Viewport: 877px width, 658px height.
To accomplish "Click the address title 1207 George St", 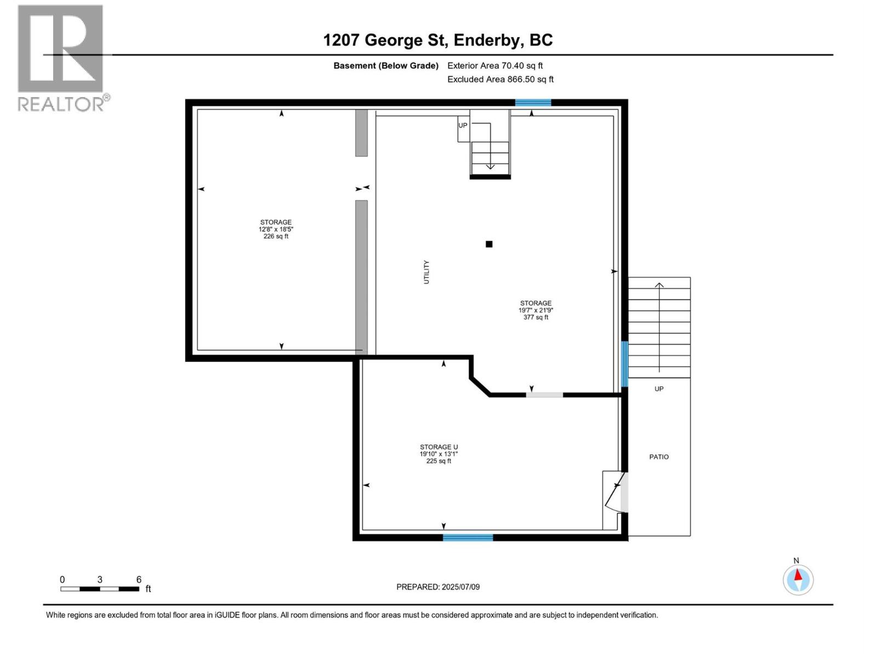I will pos(437,40).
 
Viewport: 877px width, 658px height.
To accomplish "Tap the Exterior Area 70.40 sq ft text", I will pos(495,66).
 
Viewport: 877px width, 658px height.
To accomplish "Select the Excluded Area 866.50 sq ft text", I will pos(500,80).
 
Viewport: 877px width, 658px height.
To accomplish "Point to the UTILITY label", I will pos(426,272).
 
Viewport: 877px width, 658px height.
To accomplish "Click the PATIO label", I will pos(659,457).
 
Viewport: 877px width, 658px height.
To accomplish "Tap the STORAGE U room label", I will pos(438,447).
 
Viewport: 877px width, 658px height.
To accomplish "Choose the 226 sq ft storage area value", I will pos(276,236).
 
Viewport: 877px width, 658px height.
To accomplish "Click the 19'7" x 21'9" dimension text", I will pos(536,310).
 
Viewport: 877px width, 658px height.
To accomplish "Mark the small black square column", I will pos(489,245).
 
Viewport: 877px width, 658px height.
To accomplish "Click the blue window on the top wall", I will pos(533,103).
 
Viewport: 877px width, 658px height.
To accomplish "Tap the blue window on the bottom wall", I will pos(468,537).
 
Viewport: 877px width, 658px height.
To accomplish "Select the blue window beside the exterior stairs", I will pos(624,364).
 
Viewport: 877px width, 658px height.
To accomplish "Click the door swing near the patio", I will pos(614,492).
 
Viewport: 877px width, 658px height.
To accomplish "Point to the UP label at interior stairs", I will pos(463,126).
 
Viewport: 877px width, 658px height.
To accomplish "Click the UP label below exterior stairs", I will pos(659,389).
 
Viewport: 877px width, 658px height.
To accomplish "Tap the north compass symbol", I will pos(798,579).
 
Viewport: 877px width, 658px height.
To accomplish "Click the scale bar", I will pos(100,589).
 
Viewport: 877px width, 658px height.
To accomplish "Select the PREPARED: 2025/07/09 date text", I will pos(438,587).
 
